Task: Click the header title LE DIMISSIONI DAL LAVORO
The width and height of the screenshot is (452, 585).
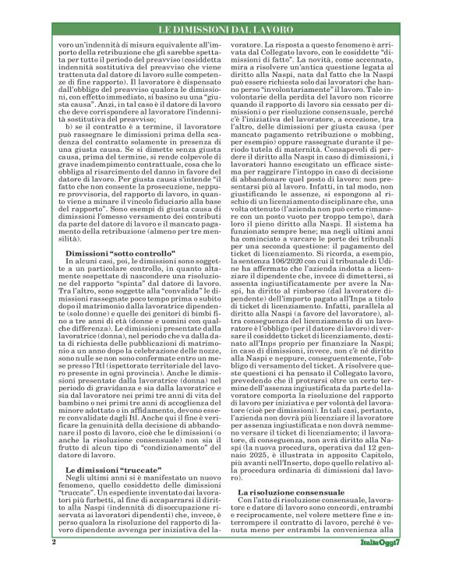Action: (225, 30)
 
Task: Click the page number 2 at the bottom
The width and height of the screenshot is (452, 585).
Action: (54, 562)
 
